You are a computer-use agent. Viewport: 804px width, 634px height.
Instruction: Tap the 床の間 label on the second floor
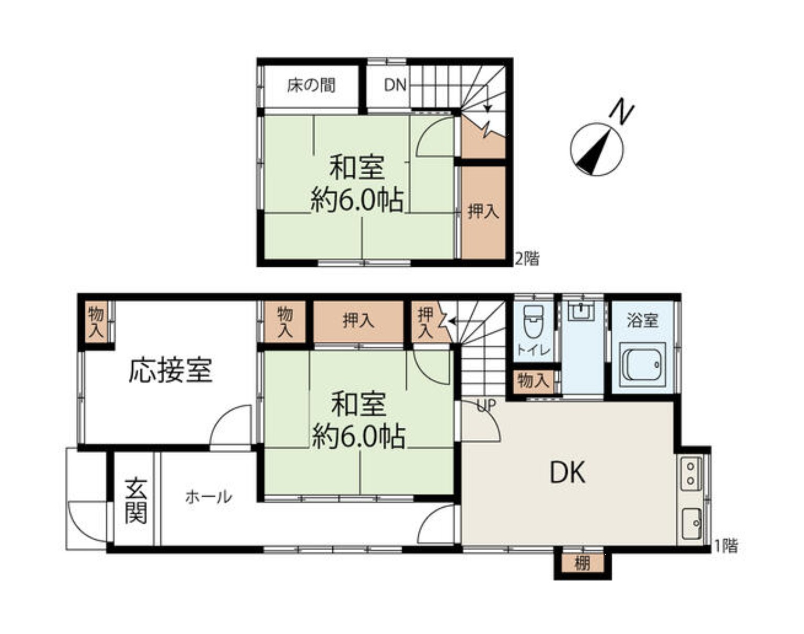tap(311, 85)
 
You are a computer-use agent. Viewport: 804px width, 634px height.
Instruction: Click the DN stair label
tap(395, 85)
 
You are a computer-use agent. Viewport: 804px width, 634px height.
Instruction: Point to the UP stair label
tap(486, 405)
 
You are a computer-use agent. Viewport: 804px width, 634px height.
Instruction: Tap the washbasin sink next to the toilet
tap(581, 311)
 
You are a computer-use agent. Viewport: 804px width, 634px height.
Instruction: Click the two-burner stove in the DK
tap(691, 473)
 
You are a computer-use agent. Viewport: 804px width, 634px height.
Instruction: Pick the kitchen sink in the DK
tap(691, 523)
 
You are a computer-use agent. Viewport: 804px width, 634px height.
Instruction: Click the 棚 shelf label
tap(582, 563)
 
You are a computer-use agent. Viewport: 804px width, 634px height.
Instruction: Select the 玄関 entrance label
tap(136, 501)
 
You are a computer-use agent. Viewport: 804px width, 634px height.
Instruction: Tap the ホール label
tap(209, 498)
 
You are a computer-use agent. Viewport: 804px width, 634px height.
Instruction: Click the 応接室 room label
tap(171, 370)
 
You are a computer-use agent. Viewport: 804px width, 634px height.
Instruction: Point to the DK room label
tap(568, 472)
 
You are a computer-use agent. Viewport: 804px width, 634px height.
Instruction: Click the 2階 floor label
tap(527, 259)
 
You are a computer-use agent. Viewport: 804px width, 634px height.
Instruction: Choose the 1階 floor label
tap(726, 546)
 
